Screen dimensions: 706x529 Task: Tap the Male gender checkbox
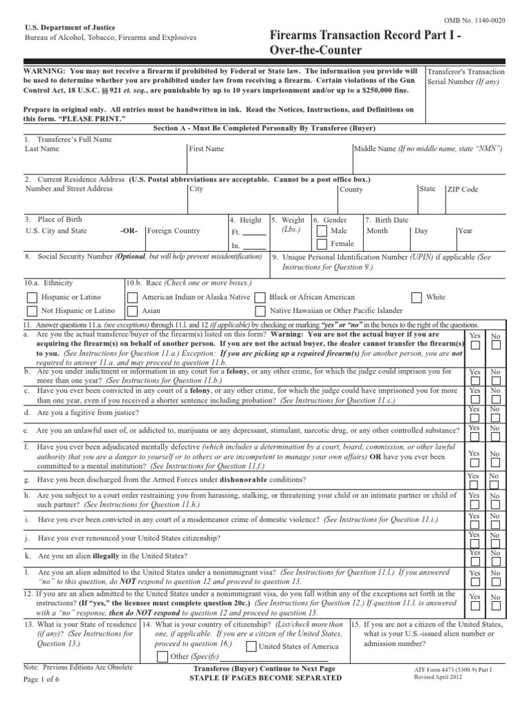322,230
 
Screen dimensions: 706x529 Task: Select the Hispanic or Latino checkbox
32,297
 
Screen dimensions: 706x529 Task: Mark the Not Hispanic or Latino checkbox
32,312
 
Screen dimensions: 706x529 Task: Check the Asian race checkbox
130,312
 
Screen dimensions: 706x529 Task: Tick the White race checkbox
416,297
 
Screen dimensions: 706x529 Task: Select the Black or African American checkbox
260,297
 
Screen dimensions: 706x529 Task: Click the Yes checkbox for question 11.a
475,349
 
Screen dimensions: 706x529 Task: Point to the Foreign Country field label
174,231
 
